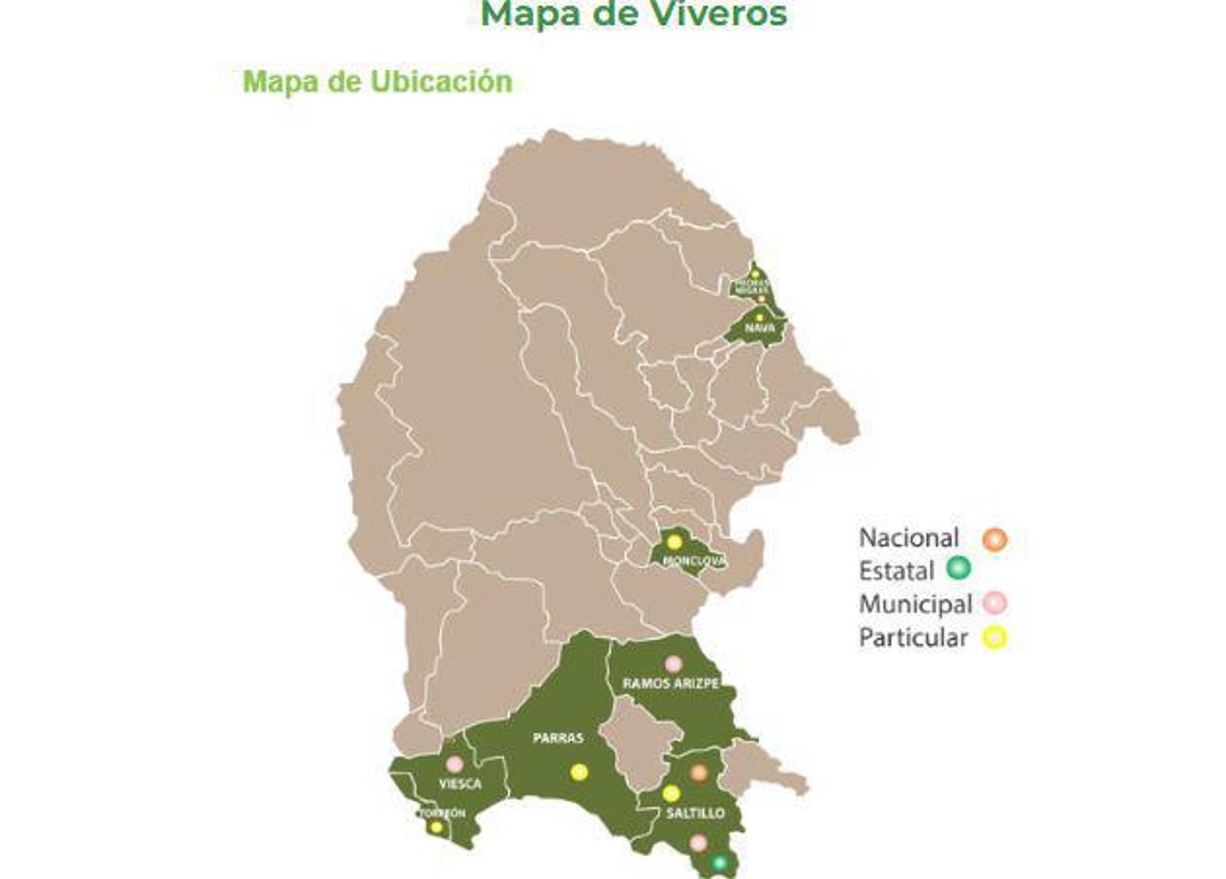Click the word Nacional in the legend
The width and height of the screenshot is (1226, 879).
(x=909, y=538)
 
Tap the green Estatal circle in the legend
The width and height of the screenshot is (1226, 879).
(x=959, y=568)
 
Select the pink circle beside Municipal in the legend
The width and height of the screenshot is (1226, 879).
(x=995, y=602)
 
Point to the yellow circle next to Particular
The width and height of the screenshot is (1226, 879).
(x=995, y=638)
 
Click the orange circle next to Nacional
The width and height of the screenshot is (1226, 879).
(x=995, y=539)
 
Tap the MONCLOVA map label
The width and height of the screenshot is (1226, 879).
(x=694, y=561)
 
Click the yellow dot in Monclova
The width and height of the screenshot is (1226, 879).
(x=674, y=541)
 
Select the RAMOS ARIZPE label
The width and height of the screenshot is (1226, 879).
(x=670, y=684)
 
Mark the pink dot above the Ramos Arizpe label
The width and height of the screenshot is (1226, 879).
(x=673, y=664)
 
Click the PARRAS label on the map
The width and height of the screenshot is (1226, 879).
(x=558, y=738)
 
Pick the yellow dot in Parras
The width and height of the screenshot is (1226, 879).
(x=579, y=772)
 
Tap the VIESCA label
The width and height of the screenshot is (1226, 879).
(x=460, y=784)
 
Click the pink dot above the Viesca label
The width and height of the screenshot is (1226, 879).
(x=454, y=764)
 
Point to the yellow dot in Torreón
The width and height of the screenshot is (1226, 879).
(x=436, y=827)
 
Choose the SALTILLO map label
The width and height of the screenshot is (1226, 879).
(x=695, y=813)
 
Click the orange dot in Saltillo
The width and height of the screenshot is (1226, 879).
(x=699, y=773)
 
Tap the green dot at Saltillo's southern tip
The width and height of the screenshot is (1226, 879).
(x=720, y=863)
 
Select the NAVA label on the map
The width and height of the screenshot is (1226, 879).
(x=759, y=328)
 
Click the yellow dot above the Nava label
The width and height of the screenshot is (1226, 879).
(x=758, y=317)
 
